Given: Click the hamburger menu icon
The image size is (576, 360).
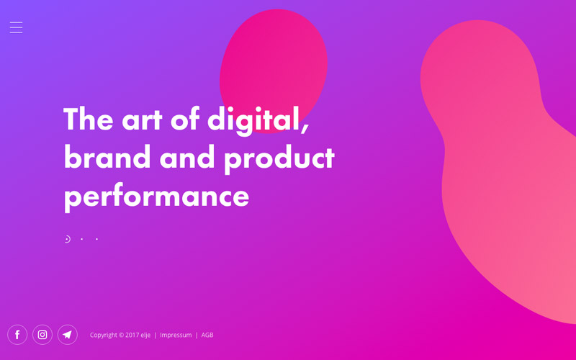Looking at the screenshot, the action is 16,27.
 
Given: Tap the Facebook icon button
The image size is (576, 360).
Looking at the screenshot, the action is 17,335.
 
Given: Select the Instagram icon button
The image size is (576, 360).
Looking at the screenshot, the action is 42,335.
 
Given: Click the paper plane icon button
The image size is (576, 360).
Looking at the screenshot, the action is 67,335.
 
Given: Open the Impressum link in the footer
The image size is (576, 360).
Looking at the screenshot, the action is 176,335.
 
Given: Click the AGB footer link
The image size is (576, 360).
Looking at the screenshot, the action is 207,335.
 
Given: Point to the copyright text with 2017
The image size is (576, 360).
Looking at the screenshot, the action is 120,335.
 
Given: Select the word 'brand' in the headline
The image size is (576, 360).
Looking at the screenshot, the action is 107,157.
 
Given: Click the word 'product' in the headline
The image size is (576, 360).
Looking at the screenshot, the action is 279,158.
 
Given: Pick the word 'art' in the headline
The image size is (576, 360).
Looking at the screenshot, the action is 142,120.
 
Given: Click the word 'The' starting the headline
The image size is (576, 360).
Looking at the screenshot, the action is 89,118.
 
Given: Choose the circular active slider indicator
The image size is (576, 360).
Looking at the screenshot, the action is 67,239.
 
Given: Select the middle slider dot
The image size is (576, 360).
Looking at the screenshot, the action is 81,239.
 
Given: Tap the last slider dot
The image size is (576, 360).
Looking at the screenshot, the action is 96,239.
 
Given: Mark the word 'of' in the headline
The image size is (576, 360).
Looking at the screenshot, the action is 185,118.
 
